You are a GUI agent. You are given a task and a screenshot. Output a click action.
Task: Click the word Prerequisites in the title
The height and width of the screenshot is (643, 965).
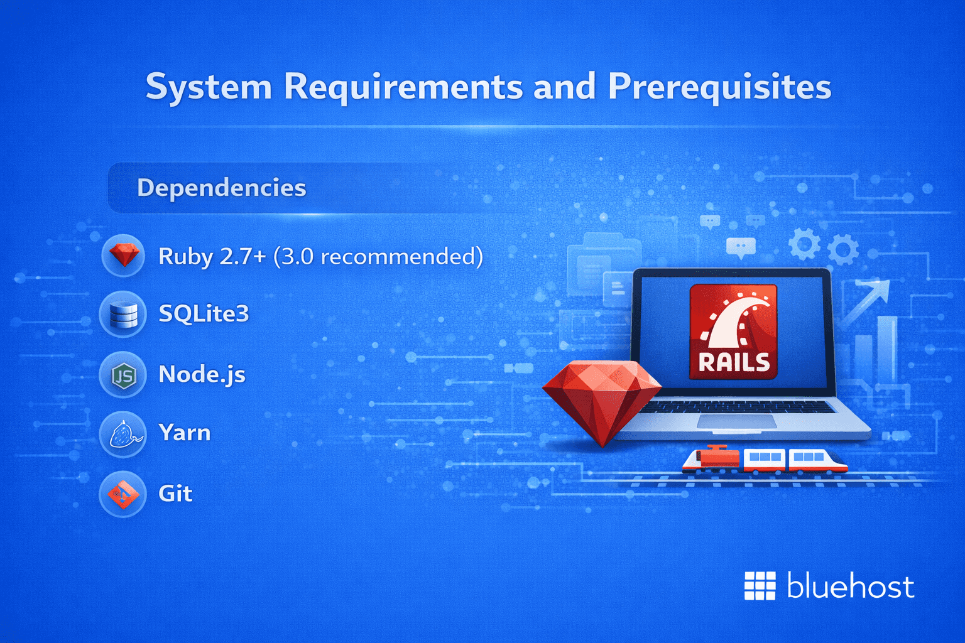(719, 87)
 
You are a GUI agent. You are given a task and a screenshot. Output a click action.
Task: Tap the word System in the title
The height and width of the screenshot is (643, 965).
(209, 87)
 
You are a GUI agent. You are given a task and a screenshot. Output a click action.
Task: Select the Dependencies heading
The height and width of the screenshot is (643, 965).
(222, 188)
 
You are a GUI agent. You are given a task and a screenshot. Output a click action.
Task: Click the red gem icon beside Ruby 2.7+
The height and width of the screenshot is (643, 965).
(124, 255)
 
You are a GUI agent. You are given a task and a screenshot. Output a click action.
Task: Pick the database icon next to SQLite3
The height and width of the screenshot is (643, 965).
(123, 314)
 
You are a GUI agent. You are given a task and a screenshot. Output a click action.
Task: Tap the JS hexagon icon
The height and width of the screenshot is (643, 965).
(123, 376)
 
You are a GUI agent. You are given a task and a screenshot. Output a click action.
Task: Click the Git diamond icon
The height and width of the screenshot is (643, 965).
(123, 494)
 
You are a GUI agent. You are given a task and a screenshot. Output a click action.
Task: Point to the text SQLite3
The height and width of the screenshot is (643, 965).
(204, 313)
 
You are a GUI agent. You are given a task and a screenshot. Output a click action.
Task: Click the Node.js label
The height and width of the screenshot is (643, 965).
(202, 374)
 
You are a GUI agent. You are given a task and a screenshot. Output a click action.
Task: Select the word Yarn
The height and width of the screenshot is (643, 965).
(184, 433)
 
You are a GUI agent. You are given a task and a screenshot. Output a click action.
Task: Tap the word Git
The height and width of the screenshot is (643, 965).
(175, 494)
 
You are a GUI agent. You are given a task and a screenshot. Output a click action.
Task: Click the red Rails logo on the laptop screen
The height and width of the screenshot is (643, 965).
(733, 332)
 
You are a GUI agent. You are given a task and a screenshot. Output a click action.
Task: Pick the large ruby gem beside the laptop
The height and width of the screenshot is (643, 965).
(601, 399)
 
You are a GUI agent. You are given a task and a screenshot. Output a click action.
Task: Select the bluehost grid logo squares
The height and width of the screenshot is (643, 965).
(760, 586)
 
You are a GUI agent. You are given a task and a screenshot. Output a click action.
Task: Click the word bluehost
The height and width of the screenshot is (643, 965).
(850, 586)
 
